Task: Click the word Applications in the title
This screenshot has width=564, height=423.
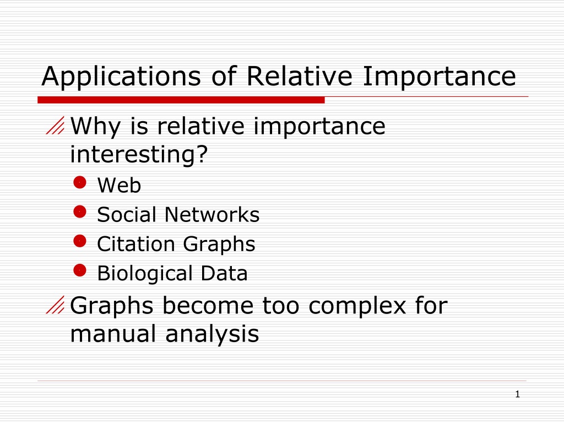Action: tap(121, 77)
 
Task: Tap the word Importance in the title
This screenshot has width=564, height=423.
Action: tap(440, 76)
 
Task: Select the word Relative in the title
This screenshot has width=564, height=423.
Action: tap(299, 76)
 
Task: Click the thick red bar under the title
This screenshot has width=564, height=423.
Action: tap(181, 100)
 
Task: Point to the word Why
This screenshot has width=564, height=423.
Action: tap(95, 127)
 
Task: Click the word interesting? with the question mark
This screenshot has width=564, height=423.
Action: tap(139, 154)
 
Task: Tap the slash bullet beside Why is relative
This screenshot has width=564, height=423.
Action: tap(55, 125)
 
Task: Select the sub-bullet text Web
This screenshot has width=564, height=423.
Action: tap(119, 185)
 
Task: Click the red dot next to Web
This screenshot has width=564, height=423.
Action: tap(80, 182)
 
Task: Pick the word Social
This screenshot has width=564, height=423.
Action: tap(126, 215)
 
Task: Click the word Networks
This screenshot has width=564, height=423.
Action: tap(212, 215)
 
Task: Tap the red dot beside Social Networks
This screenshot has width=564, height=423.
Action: tap(80, 212)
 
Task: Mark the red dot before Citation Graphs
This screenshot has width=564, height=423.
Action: tap(80, 241)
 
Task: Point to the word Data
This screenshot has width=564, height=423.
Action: tap(224, 273)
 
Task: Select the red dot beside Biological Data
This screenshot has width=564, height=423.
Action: tap(80, 270)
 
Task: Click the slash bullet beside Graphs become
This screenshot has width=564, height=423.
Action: tap(55, 305)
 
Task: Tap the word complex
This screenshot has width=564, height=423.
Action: tap(357, 306)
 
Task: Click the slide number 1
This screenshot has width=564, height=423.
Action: tap(518, 394)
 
